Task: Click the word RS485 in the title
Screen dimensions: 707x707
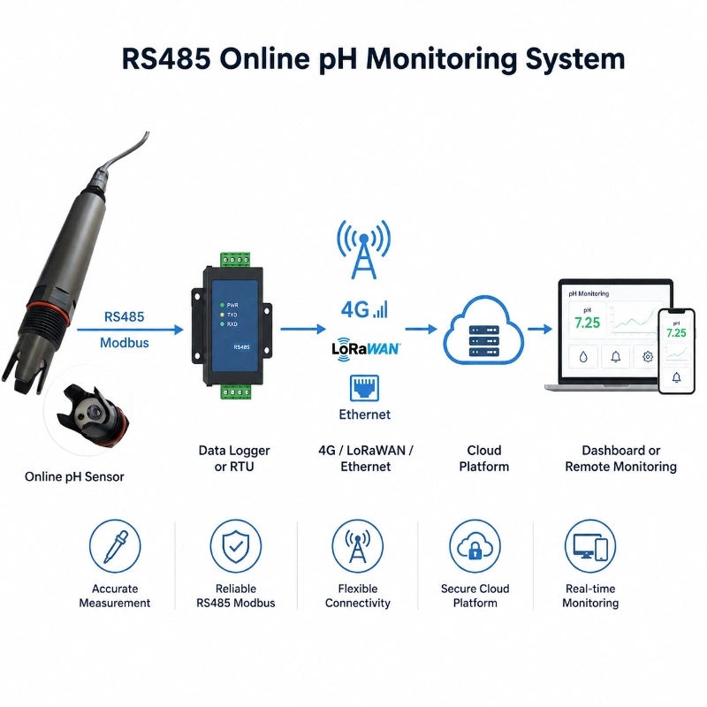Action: (166, 58)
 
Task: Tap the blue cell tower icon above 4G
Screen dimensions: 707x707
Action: (364, 249)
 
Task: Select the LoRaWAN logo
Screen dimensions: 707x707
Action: (366, 349)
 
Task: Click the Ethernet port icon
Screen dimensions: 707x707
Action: (364, 388)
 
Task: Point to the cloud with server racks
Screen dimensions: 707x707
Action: (483, 330)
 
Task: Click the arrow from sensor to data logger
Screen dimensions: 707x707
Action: (130, 330)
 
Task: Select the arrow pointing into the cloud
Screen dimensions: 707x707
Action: (422, 329)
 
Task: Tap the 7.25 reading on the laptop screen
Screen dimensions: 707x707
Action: (587, 323)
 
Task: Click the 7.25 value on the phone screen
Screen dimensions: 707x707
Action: (676, 333)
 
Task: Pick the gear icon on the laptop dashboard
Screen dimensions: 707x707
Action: (648, 357)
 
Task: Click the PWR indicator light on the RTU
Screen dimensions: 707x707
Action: (222, 305)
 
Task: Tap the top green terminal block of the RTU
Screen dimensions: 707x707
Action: (235, 260)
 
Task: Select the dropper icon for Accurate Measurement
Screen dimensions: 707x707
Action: (115, 546)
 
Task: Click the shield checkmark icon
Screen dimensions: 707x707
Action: (236, 546)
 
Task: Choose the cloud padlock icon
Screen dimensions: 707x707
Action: (475, 546)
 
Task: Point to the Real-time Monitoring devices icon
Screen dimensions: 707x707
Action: (590, 546)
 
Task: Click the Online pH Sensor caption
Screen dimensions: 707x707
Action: (74, 476)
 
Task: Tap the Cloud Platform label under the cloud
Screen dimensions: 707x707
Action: (483, 458)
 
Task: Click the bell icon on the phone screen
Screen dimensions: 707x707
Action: (676, 377)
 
